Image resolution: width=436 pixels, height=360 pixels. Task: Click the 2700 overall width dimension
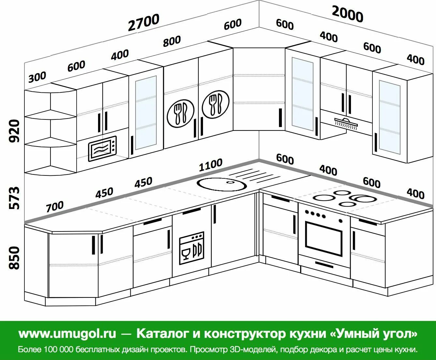point(144,22)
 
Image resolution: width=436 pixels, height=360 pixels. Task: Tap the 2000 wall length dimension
point(347,14)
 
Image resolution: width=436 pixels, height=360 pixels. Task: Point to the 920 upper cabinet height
point(14,131)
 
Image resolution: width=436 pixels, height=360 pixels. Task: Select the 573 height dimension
point(14,198)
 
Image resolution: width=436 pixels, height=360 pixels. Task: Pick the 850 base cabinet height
point(14,258)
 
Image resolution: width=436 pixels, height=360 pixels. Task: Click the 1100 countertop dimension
point(211,165)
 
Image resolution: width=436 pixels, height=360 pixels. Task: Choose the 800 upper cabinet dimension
point(172,41)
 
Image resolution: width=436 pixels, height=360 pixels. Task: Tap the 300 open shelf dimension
point(37,77)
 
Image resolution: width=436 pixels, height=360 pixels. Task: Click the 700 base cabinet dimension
point(54,206)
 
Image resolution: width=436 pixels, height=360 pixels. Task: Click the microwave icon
point(102,149)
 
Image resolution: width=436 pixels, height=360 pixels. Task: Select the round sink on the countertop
point(222,184)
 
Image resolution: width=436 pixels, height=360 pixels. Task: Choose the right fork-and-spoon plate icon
point(215,104)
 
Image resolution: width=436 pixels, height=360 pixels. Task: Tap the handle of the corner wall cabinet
point(280,118)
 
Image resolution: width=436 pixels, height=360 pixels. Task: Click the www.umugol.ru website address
point(67,334)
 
